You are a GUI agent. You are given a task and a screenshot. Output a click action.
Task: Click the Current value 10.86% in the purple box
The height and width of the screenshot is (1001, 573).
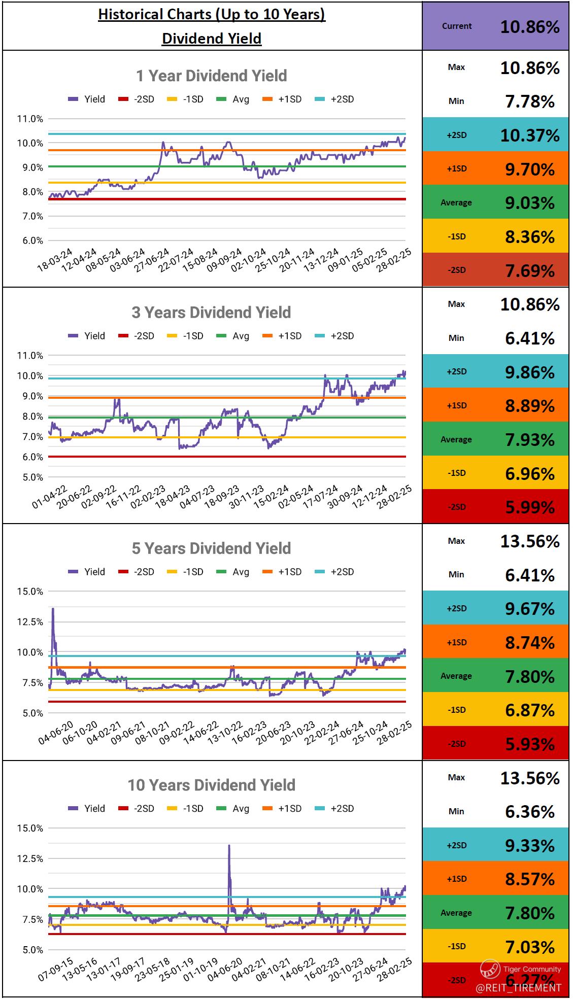[x=530, y=27]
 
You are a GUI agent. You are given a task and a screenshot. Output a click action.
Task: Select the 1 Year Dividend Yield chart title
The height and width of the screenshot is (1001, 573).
[x=211, y=76]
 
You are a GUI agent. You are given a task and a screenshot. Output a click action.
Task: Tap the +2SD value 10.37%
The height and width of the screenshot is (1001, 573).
[x=530, y=135]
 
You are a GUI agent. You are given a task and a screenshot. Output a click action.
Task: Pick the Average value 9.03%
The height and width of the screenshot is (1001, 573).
[x=530, y=203]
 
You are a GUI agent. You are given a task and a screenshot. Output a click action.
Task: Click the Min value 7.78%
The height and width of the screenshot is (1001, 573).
[x=530, y=102]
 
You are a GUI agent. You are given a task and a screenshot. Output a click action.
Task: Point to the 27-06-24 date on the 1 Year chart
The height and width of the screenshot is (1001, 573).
[x=153, y=260]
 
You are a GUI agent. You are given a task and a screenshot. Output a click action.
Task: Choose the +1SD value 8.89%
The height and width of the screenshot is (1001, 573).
[x=530, y=406]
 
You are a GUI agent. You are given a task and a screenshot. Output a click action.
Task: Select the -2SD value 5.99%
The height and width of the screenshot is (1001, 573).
[x=530, y=507]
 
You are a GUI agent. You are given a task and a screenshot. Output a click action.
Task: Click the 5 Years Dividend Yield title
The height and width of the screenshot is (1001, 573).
[x=211, y=548]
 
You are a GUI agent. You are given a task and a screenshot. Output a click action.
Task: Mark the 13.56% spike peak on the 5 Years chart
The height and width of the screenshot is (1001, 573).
[x=53, y=609]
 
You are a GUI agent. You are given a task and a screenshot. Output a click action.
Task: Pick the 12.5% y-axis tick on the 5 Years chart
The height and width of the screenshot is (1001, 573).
[x=30, y=622]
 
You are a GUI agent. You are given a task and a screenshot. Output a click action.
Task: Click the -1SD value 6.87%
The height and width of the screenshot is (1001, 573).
[x=530, y=710]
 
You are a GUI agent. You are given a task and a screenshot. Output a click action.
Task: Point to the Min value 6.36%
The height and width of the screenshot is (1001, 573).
[x=530, y=812]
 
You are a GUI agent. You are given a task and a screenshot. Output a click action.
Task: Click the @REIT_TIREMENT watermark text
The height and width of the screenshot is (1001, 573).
[x=519, y=988]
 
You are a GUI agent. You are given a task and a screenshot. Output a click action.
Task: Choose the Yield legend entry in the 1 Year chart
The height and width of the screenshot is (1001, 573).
[x=87, y=99]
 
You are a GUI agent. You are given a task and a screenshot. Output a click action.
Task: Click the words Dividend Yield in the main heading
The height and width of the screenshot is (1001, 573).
[x=211, y=39]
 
